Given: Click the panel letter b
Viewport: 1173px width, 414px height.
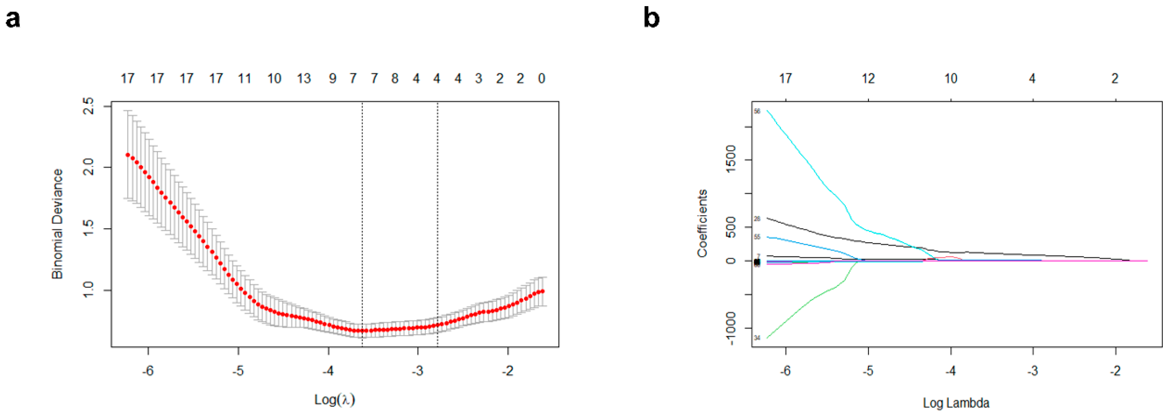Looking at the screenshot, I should pyautogui.click(x=652, y=19).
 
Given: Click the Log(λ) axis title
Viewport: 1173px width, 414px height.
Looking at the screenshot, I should pyautogui.click(x=335, y=399).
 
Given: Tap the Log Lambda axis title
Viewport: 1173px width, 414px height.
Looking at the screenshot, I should pyautogui.click(x=956, y=403).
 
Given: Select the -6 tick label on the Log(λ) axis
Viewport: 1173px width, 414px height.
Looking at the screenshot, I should pyautogui.click(x=148, y=371).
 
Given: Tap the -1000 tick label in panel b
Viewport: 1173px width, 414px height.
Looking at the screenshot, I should pyautogui.click(x=731, y=328).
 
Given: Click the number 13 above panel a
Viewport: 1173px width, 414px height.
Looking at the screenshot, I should pyautogui.click(x=304, y=79).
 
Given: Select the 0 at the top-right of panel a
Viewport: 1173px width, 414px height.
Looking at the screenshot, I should pyautogui.click(x=541, y=79).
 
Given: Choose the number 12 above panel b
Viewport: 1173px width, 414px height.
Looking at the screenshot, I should pyautogui.click(x=868, y=79).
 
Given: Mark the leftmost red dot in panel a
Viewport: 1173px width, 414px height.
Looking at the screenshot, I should pyautogui.click(x=128, y=155).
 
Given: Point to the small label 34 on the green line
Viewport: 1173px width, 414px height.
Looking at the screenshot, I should pyautogui.click(x=757, y=338).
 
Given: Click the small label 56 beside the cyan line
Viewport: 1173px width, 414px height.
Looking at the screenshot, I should pyautogui.click(x=757, y=111).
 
